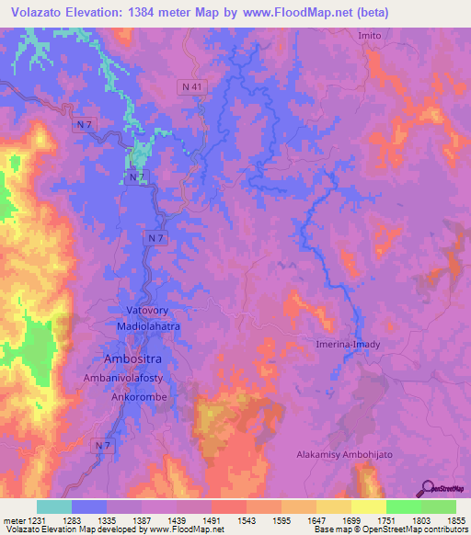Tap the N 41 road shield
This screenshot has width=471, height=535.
190,85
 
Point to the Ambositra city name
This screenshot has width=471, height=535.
134,357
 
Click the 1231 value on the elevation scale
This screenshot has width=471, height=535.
37,520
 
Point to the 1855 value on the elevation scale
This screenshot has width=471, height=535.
455,520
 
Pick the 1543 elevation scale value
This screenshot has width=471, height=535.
246,520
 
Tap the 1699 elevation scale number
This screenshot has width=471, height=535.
350,520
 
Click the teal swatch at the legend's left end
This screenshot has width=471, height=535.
54,507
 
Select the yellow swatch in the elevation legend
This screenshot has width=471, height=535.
368,507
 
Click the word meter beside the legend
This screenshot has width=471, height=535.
13,520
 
